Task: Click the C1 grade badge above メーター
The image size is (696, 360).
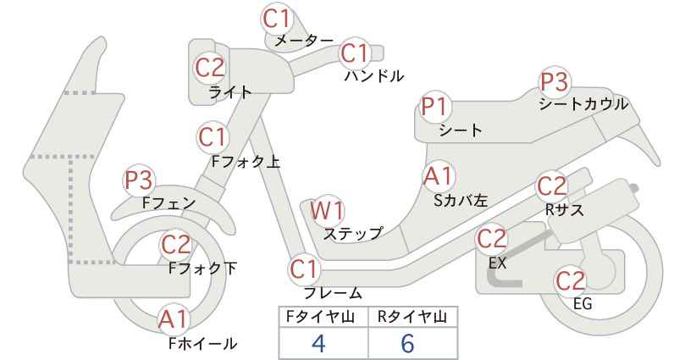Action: click(x=276, y=19)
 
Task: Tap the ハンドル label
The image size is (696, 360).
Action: click(x=374, y=76)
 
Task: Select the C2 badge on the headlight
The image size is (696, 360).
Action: click(x=210, y=68)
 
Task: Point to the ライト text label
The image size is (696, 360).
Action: click(x=230, y=91)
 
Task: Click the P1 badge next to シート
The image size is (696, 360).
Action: click(x=435, y=107)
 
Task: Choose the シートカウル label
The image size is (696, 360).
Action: click(x=583, y=104)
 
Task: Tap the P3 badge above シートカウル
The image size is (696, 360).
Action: click(x=554, y=82)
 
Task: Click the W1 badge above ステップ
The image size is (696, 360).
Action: click(x=327, y=210)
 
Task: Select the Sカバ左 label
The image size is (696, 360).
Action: click(x=461, y=201)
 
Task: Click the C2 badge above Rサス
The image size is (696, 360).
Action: click(x=552, y=186)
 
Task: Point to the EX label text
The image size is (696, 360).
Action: click(x=498, y=263)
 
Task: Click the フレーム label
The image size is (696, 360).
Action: click(x=333, y=293)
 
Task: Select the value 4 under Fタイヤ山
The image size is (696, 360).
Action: click(x=319, y=343)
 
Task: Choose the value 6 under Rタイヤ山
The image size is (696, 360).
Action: click(x=407, y=343)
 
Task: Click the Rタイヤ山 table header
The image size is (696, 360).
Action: click(x=412, y=317)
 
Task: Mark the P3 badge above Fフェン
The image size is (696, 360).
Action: click(x=139, y=180)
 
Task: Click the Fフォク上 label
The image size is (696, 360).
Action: click(x=246, y=162)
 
